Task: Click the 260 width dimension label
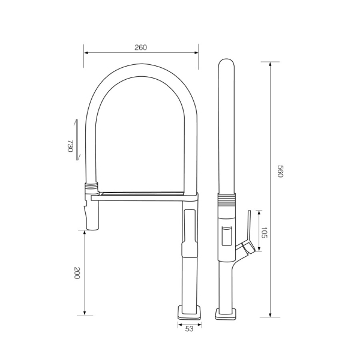(x=140, y=47)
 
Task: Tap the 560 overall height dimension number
(x=280, y=171)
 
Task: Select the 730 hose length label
(x=70, y=146)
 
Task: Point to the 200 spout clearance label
(x=77, y=273)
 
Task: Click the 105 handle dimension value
(x=264, y=233)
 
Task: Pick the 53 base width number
(x=189, y=329)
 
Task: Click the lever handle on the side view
(x=247, y=234)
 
